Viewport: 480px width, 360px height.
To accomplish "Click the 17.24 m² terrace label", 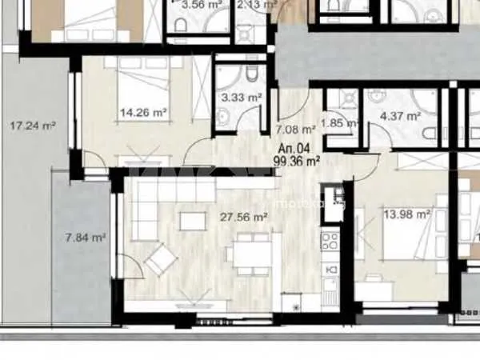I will click(x=33, y=126).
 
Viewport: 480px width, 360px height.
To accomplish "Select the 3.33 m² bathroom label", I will click(x=241, y=98).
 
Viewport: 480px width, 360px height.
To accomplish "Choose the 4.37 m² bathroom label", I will click(x=400, y=116).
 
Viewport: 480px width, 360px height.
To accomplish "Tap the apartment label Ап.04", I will click(x=293, y=148).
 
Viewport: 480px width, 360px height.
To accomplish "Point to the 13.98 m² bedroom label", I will click(x=408, y=214).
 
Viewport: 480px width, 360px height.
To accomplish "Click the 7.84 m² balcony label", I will click(x=86, y=237).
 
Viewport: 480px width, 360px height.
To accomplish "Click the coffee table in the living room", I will click(x=190, y=219).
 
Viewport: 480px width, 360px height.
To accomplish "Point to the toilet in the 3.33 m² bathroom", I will click(x=250, y=77).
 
